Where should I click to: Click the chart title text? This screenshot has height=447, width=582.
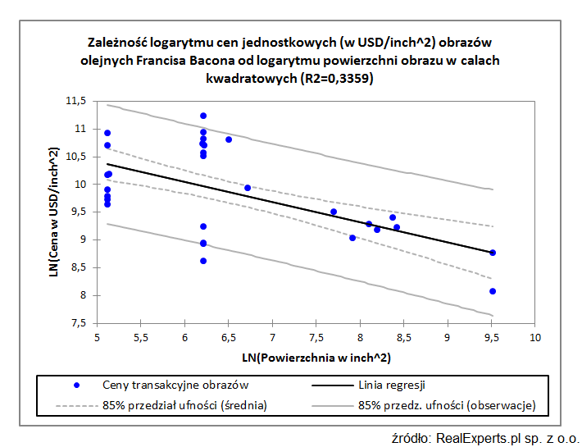pyautogui.click(x=290, y=60)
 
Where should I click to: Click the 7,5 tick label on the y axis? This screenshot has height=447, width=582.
pyautogui.click(x=78, y=323)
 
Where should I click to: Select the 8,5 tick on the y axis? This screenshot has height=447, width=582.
pyautogui.click(x=78, y=267)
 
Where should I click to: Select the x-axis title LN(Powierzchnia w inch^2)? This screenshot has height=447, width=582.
pyautogui.click(x=316, y=358)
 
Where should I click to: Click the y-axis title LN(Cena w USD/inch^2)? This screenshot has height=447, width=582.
pyautogui.click(x=54, y=212)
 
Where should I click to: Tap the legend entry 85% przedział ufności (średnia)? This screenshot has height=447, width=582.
pyautogui.click(x=184, y=404)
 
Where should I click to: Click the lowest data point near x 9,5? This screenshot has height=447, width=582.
pyautogui.click(x=493, y=291)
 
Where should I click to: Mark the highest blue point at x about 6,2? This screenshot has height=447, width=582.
pyautogui.click(x=203, y=116)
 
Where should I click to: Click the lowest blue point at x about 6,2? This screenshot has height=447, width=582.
pyautogui.click(x=203, y=261)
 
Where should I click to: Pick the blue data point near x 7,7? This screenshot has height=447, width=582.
pyautogui.click(x=334, y=212)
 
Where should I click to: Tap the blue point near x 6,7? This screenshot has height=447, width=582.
pyautogui.click(x=248, y=188)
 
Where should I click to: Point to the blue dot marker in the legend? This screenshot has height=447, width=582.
pyautogui.click(x=76, y=384)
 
